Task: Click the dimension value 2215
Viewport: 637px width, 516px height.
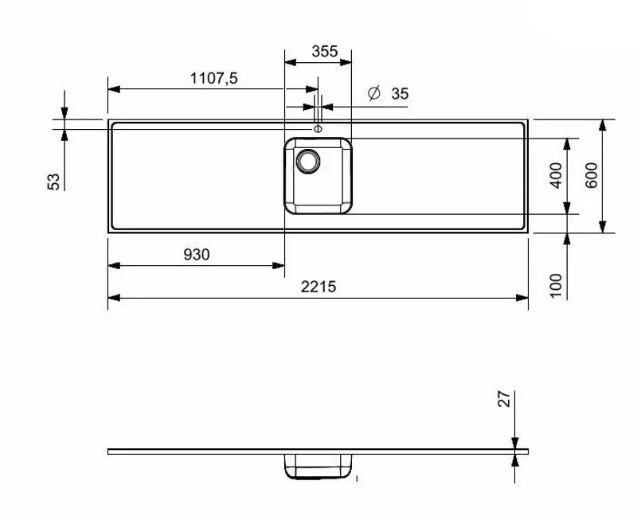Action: [318, 287]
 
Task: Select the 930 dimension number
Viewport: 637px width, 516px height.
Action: [197, 254]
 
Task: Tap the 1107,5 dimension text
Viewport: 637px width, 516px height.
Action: [214, 78]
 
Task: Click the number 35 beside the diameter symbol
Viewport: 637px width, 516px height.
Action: [400, 93]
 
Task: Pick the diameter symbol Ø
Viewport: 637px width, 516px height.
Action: [373, 93]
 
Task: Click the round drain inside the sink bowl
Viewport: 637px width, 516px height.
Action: [307, 161]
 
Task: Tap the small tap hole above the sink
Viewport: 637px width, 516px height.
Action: [318, 129]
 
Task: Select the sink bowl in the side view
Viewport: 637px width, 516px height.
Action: [318, 467]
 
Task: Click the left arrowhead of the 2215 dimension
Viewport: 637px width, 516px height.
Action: [113, 298]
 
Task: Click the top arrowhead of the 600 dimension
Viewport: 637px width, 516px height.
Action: [603, 125]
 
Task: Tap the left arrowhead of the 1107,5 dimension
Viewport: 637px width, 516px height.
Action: [113, 88]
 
